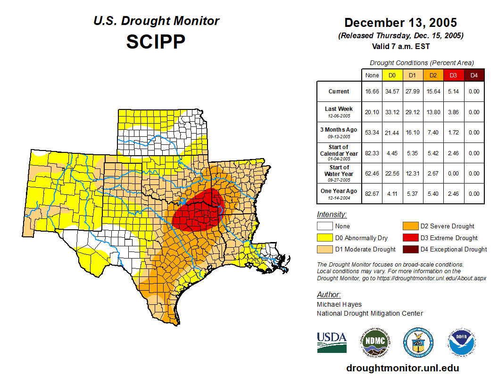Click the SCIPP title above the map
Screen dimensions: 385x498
coord(156,42)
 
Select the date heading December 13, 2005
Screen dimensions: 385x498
coord(400,23)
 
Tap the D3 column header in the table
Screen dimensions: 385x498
coord(453,75)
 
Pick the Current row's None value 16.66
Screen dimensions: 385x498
coord(372,92)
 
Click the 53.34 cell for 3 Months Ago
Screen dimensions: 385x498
coord(372,133)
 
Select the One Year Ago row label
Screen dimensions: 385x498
coord(339,191)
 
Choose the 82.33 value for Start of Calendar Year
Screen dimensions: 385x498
coord(372,153)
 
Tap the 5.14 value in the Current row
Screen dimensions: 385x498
coord(453,92)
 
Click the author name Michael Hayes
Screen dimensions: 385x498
coord(339,304)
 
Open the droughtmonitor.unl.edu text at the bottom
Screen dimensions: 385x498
coord(402,368)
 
